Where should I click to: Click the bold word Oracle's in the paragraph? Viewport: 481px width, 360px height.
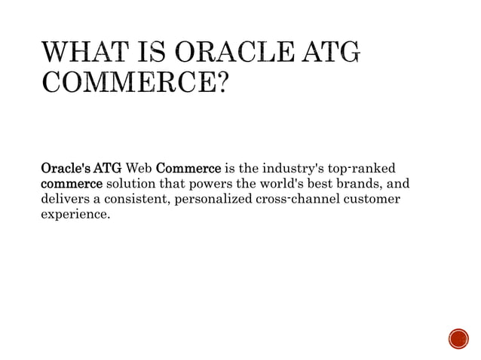click(x=64, y=166)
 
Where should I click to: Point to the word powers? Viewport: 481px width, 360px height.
click(x=214, y=183)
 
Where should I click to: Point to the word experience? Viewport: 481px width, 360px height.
click(x=74, y=216)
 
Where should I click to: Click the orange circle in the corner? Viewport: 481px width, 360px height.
click(x=458, y=339)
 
